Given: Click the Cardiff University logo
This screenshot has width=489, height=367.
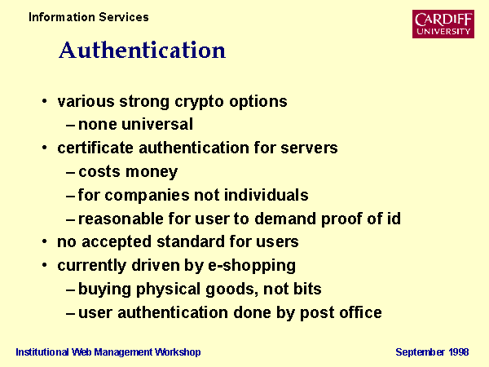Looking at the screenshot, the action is [x=443, y=24].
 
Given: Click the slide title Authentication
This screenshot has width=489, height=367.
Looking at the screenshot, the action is [x=142, y=50].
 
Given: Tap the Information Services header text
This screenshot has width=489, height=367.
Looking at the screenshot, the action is [x=89, y=17].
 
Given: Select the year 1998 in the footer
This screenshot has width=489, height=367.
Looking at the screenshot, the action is [x=458, y=352].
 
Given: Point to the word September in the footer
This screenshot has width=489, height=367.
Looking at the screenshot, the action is [x=421, y=352].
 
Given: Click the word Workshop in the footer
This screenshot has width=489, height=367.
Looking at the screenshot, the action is [x=178, y=352].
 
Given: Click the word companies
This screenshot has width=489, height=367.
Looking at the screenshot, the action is [x=147, y=196].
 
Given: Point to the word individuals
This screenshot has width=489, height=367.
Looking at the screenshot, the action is [x=267, y=195].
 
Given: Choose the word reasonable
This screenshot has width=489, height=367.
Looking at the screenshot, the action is [x=121, y=219].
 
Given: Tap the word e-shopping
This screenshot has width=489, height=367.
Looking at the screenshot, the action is [x=251, y=266].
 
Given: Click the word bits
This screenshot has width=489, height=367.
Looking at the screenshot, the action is [x=307, y=289].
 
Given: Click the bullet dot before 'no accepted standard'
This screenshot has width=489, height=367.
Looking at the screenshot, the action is [x=45, y=241].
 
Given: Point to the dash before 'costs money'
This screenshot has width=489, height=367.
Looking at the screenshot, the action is [x=70, y=173].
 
